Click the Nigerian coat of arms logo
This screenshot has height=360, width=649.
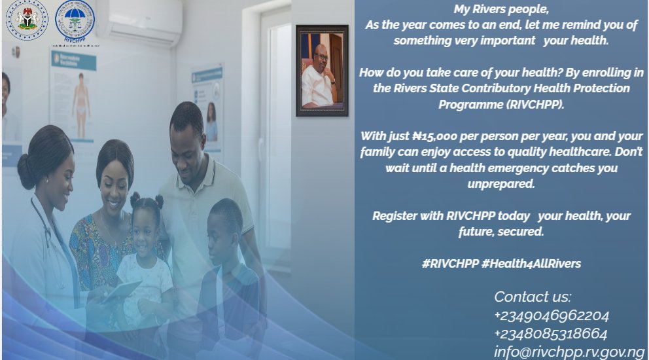coord(27,20)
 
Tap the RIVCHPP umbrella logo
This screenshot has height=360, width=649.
coord(74,20)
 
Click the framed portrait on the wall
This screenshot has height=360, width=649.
coord(321,71)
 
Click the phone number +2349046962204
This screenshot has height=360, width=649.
coord(552,315)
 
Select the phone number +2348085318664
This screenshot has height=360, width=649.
coord(551,334)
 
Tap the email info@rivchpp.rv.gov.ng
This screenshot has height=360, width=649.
coord(569,351)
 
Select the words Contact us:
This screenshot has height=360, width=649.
coord(533,297)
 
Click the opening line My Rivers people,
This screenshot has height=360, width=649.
coord(501,9)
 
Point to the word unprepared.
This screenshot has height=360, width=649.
coord(501,184)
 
